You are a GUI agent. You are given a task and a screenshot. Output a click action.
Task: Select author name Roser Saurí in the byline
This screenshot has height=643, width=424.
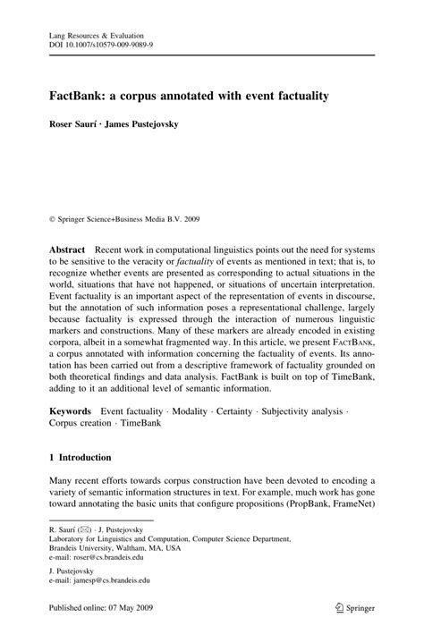pos(73,124)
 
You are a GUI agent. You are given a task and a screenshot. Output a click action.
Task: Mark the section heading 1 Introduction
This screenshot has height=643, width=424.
pos(81,456)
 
